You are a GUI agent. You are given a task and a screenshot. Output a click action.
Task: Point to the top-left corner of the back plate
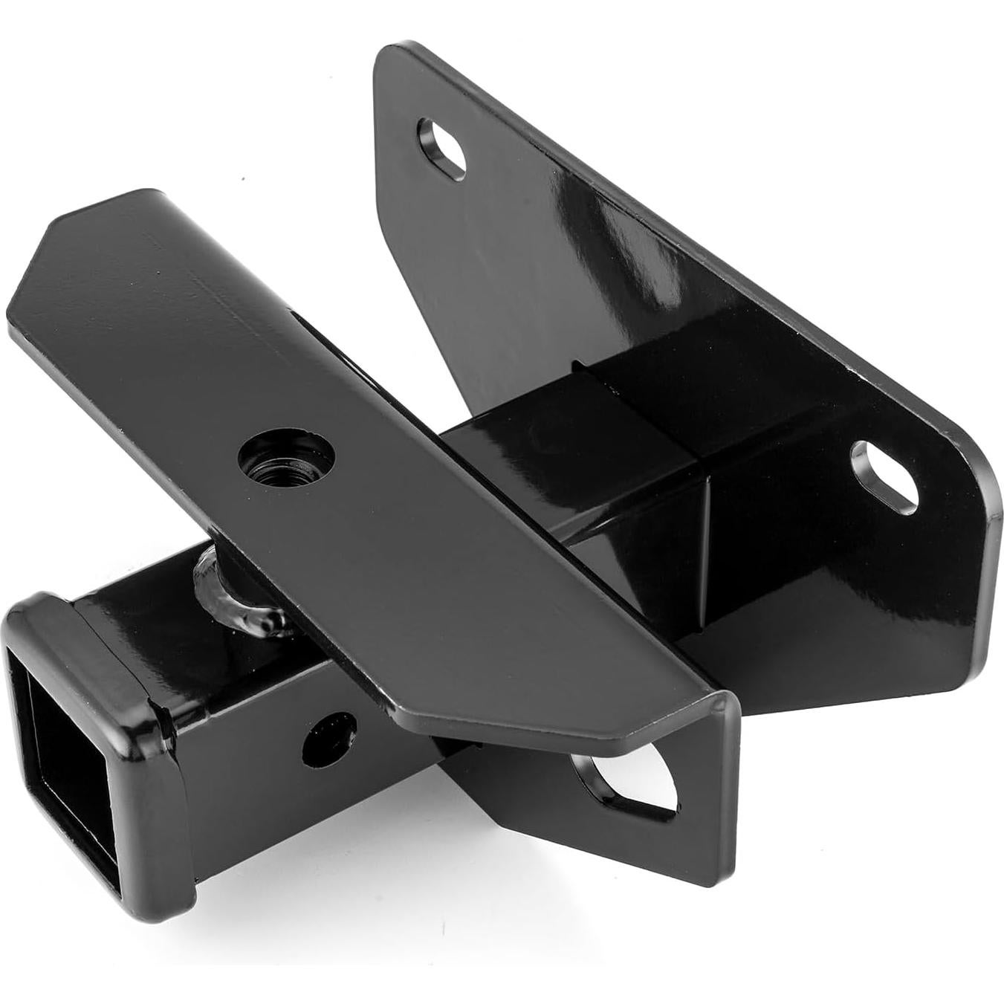coord(390,56)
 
